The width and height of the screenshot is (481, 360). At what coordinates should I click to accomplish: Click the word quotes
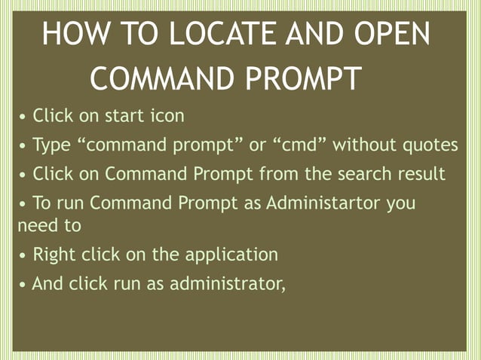[418, 145]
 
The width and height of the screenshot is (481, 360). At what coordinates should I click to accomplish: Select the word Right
[54, 255]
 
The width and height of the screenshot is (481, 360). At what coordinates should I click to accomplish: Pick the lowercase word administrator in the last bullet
[227, 284]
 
